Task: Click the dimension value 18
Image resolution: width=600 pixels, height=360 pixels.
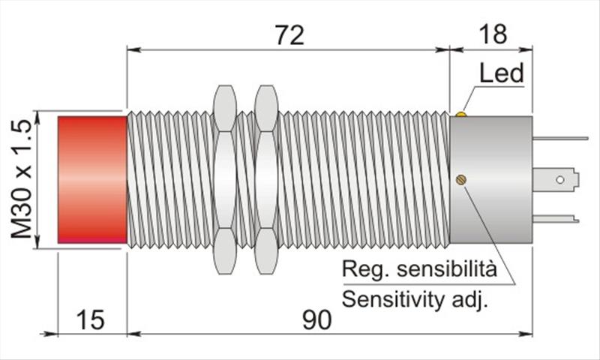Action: point(491,34)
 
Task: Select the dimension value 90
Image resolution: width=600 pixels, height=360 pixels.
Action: point(317,320)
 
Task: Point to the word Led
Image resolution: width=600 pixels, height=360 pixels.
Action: point(501,73)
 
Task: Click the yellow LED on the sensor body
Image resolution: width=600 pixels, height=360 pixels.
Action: point(460,115)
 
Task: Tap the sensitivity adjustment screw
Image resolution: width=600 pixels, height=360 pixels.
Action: point(461,179)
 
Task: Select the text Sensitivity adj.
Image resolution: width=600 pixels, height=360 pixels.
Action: point(415,300)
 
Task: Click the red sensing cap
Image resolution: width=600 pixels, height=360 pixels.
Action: point(92,180)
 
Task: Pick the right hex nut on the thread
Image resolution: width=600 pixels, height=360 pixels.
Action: point(265,180)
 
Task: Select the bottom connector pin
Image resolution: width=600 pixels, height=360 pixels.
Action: point(555,219)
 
